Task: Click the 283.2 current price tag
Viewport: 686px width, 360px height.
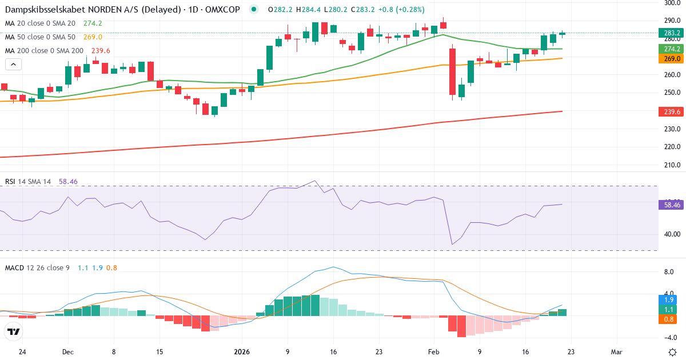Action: pyautogui.click(x=672, y=33)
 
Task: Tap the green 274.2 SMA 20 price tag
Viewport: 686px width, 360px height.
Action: pyautogui.click(x=672, y=49)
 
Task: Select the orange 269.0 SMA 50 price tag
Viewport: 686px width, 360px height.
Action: pyautogui.click(x=672, y=59)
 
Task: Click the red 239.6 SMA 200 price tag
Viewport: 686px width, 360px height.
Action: pyautogui.click(x=672, y=112)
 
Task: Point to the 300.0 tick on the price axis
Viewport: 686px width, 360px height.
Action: pyautogui.click(x=672, y=3)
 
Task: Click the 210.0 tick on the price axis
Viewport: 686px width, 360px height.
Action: pyautogui.click(x=672, y=166)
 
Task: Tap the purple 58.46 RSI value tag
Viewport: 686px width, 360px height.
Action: pyautogui.click(x=672, y=205)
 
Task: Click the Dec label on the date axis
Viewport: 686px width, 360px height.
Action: pyautogui.click(x=67, y=352)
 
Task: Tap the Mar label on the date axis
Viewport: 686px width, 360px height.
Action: pyautogui.click(x=617, y=352)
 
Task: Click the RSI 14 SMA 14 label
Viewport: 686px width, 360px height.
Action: pyautogui.click(x=28, y=181)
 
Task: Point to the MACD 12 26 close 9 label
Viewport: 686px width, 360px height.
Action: pyautogui.click(x=37, y=267)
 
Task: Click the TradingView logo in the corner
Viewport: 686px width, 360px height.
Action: pyautogui.click(x=13, y=331)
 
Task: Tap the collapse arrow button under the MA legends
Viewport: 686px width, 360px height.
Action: pyautogui.click(x=13, y=64)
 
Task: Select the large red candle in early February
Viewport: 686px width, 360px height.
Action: pyautogui.click(x=452, y=72)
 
